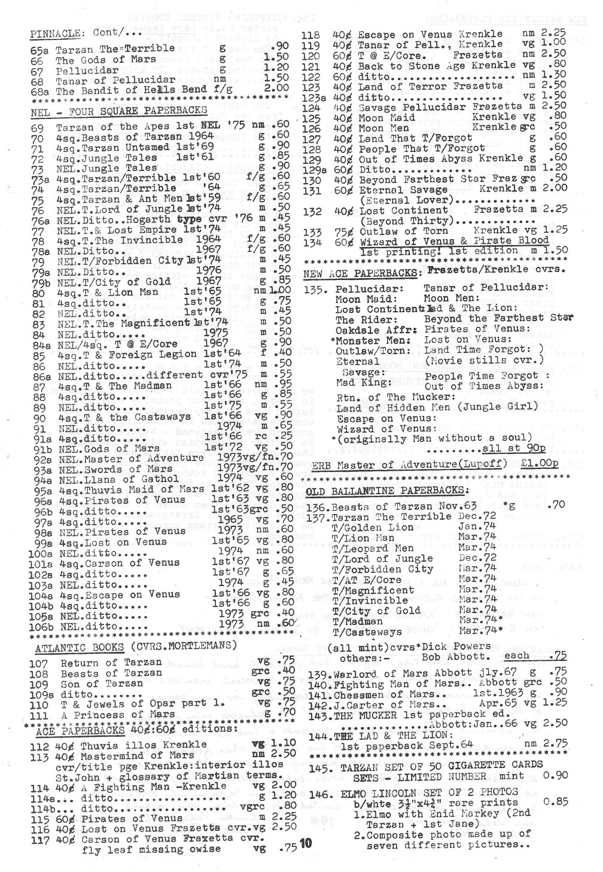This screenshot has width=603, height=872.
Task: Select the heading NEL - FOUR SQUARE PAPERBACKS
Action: [119, 110]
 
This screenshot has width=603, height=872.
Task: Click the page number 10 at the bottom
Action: [306, 844]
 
